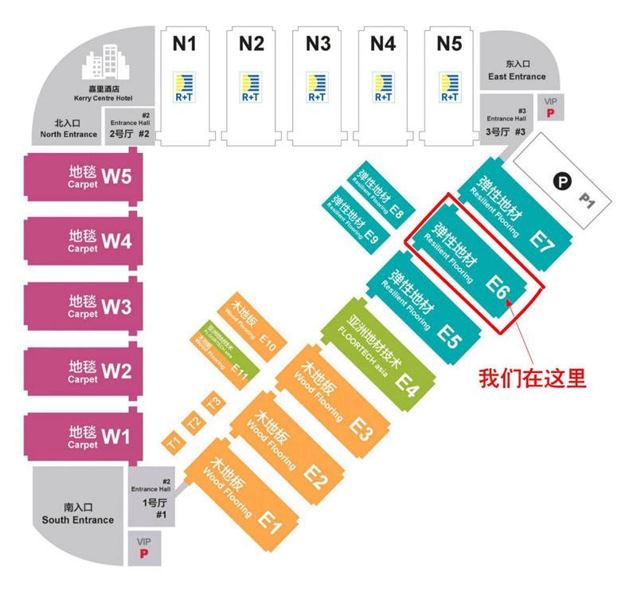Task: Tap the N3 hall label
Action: point(318,44)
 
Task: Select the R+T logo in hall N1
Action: point(185,87)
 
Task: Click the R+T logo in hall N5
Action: point(449,87)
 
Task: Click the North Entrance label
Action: point(69,129)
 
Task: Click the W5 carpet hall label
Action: point(117,176)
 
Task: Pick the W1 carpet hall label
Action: point(116,437)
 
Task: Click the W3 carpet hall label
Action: point(116,306)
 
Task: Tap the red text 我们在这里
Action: point(532,378)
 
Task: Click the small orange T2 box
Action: point(193,423)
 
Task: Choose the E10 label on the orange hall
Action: point(268,345)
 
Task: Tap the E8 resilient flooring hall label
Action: point(397,214)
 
